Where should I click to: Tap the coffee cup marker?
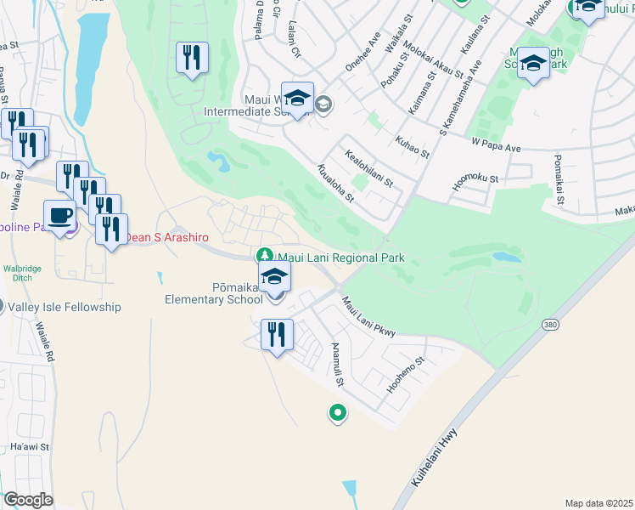pyautogui.click(x=59, y=216)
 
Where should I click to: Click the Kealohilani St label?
pyautogui.click(x=368, y=168)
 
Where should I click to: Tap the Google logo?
pyautogui.click(x=28, y=499)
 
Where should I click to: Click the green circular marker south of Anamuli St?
pyautogui.click(x=337, y=414)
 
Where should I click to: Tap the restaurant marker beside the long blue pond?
pyautogui.click(x=192, y=58)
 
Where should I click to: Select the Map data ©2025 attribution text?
pyautogui.click(x=598, y=503)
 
